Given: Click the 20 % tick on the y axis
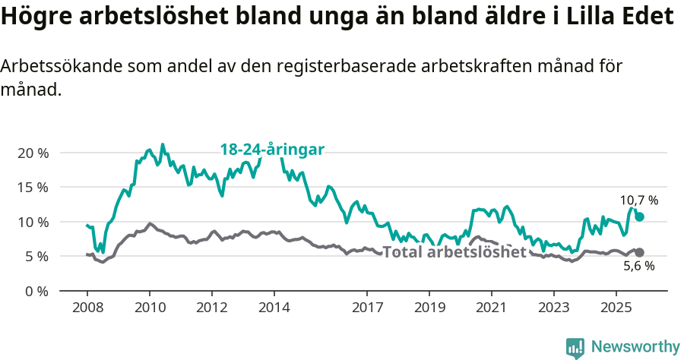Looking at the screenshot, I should (32, 153).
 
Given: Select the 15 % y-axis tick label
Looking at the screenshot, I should (32, 187).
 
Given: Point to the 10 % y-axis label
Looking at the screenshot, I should (32, 222).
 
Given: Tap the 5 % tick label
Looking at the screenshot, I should (36, 257).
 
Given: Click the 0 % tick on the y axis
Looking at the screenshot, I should (36, 291).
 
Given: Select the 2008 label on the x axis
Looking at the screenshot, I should (87, 308).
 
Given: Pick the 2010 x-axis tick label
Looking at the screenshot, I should (150, 308).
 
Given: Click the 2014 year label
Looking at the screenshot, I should (274, 308).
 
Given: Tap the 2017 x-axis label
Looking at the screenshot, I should (367, 308).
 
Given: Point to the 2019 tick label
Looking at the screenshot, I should (429, 308).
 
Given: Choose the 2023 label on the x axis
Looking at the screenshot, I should (553, 308).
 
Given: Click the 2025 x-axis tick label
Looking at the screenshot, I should (615, 308).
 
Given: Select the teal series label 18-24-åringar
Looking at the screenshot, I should (272, 150).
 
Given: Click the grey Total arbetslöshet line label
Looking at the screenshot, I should (454, 252).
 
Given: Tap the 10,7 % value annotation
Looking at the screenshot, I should (638, 201).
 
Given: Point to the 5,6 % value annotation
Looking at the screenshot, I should (638, 266).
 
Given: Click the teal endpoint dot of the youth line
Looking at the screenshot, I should (639, 216).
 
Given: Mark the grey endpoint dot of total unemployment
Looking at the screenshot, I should (639, 252).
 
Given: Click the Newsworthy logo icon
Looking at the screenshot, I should (575, 347).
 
